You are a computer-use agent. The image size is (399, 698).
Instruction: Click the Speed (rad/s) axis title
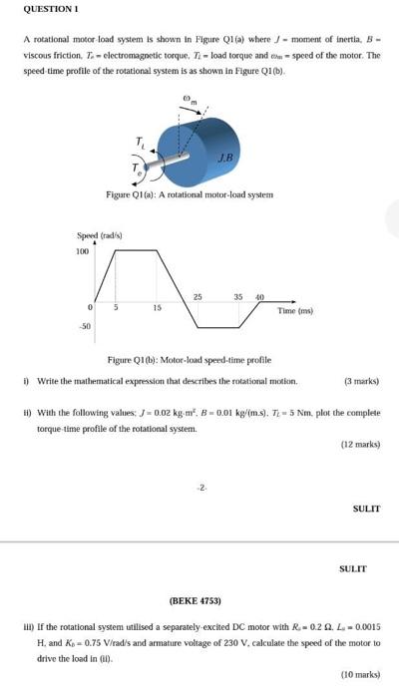(x=99, y=235)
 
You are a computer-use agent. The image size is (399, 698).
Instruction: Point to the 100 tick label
(x=83, y=251)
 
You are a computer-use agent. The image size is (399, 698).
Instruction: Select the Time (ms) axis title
(x=295, y=311)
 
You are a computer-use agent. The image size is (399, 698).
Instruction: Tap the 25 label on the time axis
(x=198, y=296)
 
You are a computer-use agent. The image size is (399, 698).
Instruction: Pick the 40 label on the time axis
(x=259, y=297)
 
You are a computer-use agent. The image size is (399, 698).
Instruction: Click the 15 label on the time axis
(x=157, y=308)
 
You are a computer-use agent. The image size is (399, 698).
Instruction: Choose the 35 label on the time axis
(x=238, y=296)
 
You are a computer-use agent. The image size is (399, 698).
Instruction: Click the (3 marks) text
(x=361, y=381)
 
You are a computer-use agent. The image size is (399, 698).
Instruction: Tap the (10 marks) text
(x=359, y=675)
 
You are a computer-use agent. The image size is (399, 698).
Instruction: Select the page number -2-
(x=201, y=487)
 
